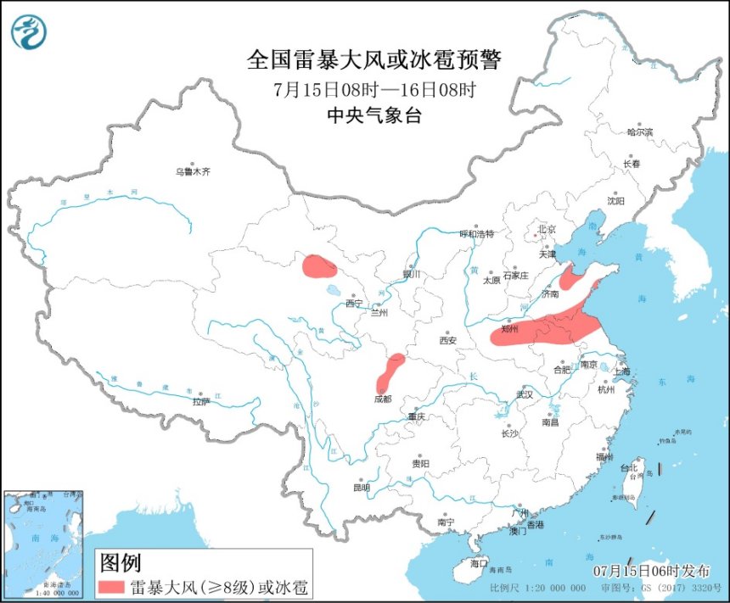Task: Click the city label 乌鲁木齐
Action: (193, 171)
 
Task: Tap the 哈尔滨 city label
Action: (640, 132)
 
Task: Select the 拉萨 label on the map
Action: (200, 401)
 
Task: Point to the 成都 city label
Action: (383, 399)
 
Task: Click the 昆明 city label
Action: (362, 487)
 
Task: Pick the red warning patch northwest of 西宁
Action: (319, 267)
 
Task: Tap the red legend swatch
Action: (110, 586)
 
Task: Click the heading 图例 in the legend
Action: (119, 562)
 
